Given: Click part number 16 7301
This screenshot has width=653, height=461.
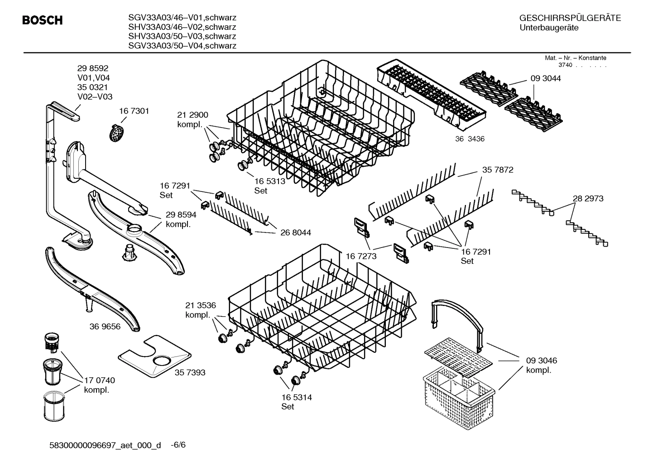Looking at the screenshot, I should click(134, 111).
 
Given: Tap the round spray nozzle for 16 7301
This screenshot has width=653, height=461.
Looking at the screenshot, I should click(117, 132).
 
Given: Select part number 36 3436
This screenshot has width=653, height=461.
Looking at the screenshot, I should click(470, 139).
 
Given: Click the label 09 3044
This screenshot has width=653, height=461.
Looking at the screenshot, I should click(546, 78).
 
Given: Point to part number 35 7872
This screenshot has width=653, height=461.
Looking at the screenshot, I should click(498, 170).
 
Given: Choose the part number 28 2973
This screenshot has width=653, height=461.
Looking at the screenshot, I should click(588, 198).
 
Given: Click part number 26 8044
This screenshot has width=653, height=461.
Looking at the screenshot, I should click(295, 233).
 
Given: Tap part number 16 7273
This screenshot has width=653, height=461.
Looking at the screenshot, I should click(361, 256).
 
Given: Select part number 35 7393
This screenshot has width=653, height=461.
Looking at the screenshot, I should click(190, 372).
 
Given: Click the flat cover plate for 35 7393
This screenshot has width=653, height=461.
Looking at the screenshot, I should click(154, 356).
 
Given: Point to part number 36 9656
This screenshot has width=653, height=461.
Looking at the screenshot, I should click(105, 326).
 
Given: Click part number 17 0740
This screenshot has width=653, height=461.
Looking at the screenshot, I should click(100, 380).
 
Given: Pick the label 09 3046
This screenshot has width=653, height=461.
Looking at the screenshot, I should click(542, 361).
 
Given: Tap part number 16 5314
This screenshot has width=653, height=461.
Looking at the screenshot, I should click(297, 397).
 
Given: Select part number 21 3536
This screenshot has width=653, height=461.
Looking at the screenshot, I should click(200, 305).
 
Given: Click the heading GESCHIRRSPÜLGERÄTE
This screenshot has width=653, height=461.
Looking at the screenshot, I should click(570, 18).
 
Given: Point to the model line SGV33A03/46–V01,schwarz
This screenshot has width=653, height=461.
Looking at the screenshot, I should click(182, 18).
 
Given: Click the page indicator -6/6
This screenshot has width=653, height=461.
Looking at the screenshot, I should click(178, 445).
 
